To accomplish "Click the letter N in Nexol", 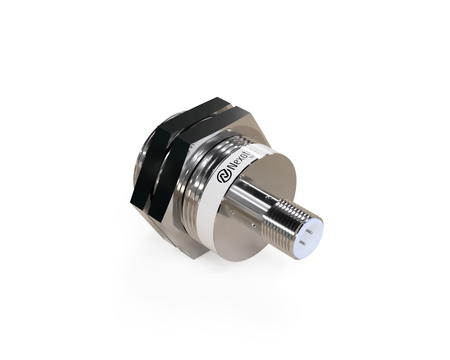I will (232, 167).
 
